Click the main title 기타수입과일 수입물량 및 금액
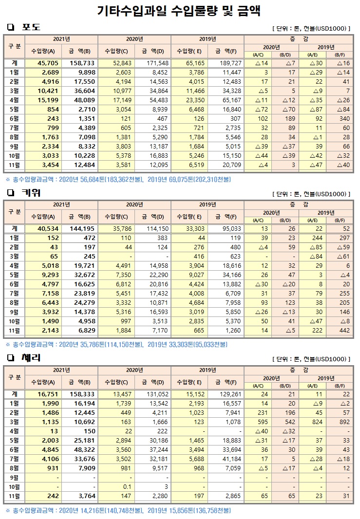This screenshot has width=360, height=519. tap(180, 10)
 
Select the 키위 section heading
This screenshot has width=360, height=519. tap(31, 193)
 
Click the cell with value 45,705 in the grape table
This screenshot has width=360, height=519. tap(48, 63)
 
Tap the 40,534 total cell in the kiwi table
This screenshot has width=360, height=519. tap(48, 228)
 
